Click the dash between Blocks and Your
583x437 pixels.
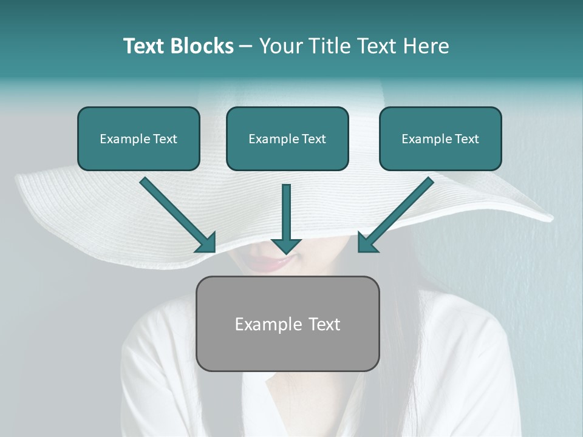(246, 47)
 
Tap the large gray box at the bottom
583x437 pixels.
(287, 349)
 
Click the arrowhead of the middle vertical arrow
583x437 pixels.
(286, 245)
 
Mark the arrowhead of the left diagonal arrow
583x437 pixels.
(206, 243)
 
